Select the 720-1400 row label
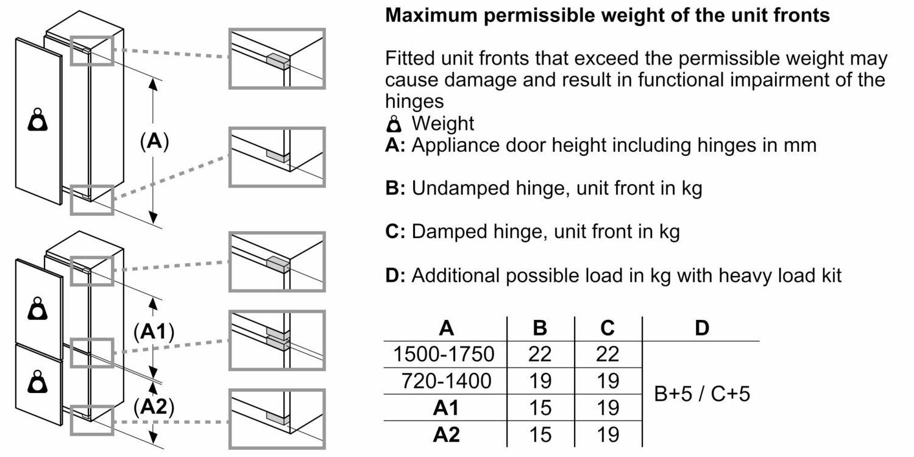tap(445, 381)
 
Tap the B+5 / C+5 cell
tap(701, 394)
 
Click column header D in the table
tap(702, 328)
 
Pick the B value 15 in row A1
tap(540, 408)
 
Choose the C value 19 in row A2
tap(608, 434)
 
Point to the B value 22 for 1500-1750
tap(540, 354)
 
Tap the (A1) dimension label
tap(154, 332)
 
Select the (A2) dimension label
tap(154, 407)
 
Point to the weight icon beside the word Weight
tap(395, 124)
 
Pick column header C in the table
tap(608, 328)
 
